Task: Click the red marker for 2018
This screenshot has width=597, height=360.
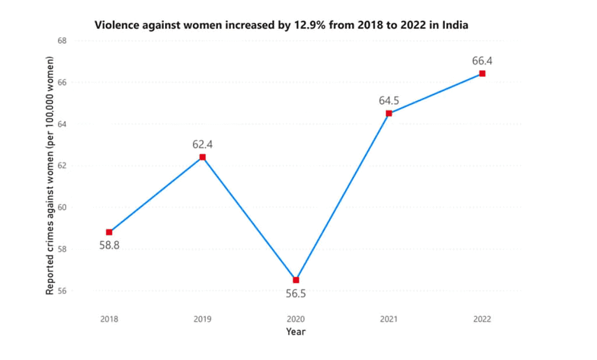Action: point(109,232)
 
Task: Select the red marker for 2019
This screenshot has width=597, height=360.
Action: point(202,157)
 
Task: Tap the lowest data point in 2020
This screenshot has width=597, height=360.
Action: point(296,280)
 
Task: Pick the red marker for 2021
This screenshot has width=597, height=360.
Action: point(389,113)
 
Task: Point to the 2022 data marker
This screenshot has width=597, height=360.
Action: point(482,73)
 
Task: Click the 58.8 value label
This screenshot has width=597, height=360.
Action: point(109,245)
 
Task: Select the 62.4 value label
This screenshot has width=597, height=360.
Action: point(202,144)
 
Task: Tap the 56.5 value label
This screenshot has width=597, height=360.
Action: point(296,294)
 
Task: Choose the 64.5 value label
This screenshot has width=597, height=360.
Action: point(389,100)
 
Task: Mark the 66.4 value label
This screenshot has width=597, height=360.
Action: point(482,61)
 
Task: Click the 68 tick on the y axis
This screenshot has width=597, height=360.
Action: point(62,41)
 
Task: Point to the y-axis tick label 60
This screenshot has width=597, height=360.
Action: point(62,207)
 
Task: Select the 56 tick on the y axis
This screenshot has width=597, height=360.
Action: point(62,291)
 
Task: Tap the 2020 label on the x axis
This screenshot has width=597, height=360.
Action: point(296,319)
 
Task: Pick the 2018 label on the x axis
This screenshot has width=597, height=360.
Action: point(109,319)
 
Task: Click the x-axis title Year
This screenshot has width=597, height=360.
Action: point(296,332)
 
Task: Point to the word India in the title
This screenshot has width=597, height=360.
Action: point(456,26)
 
